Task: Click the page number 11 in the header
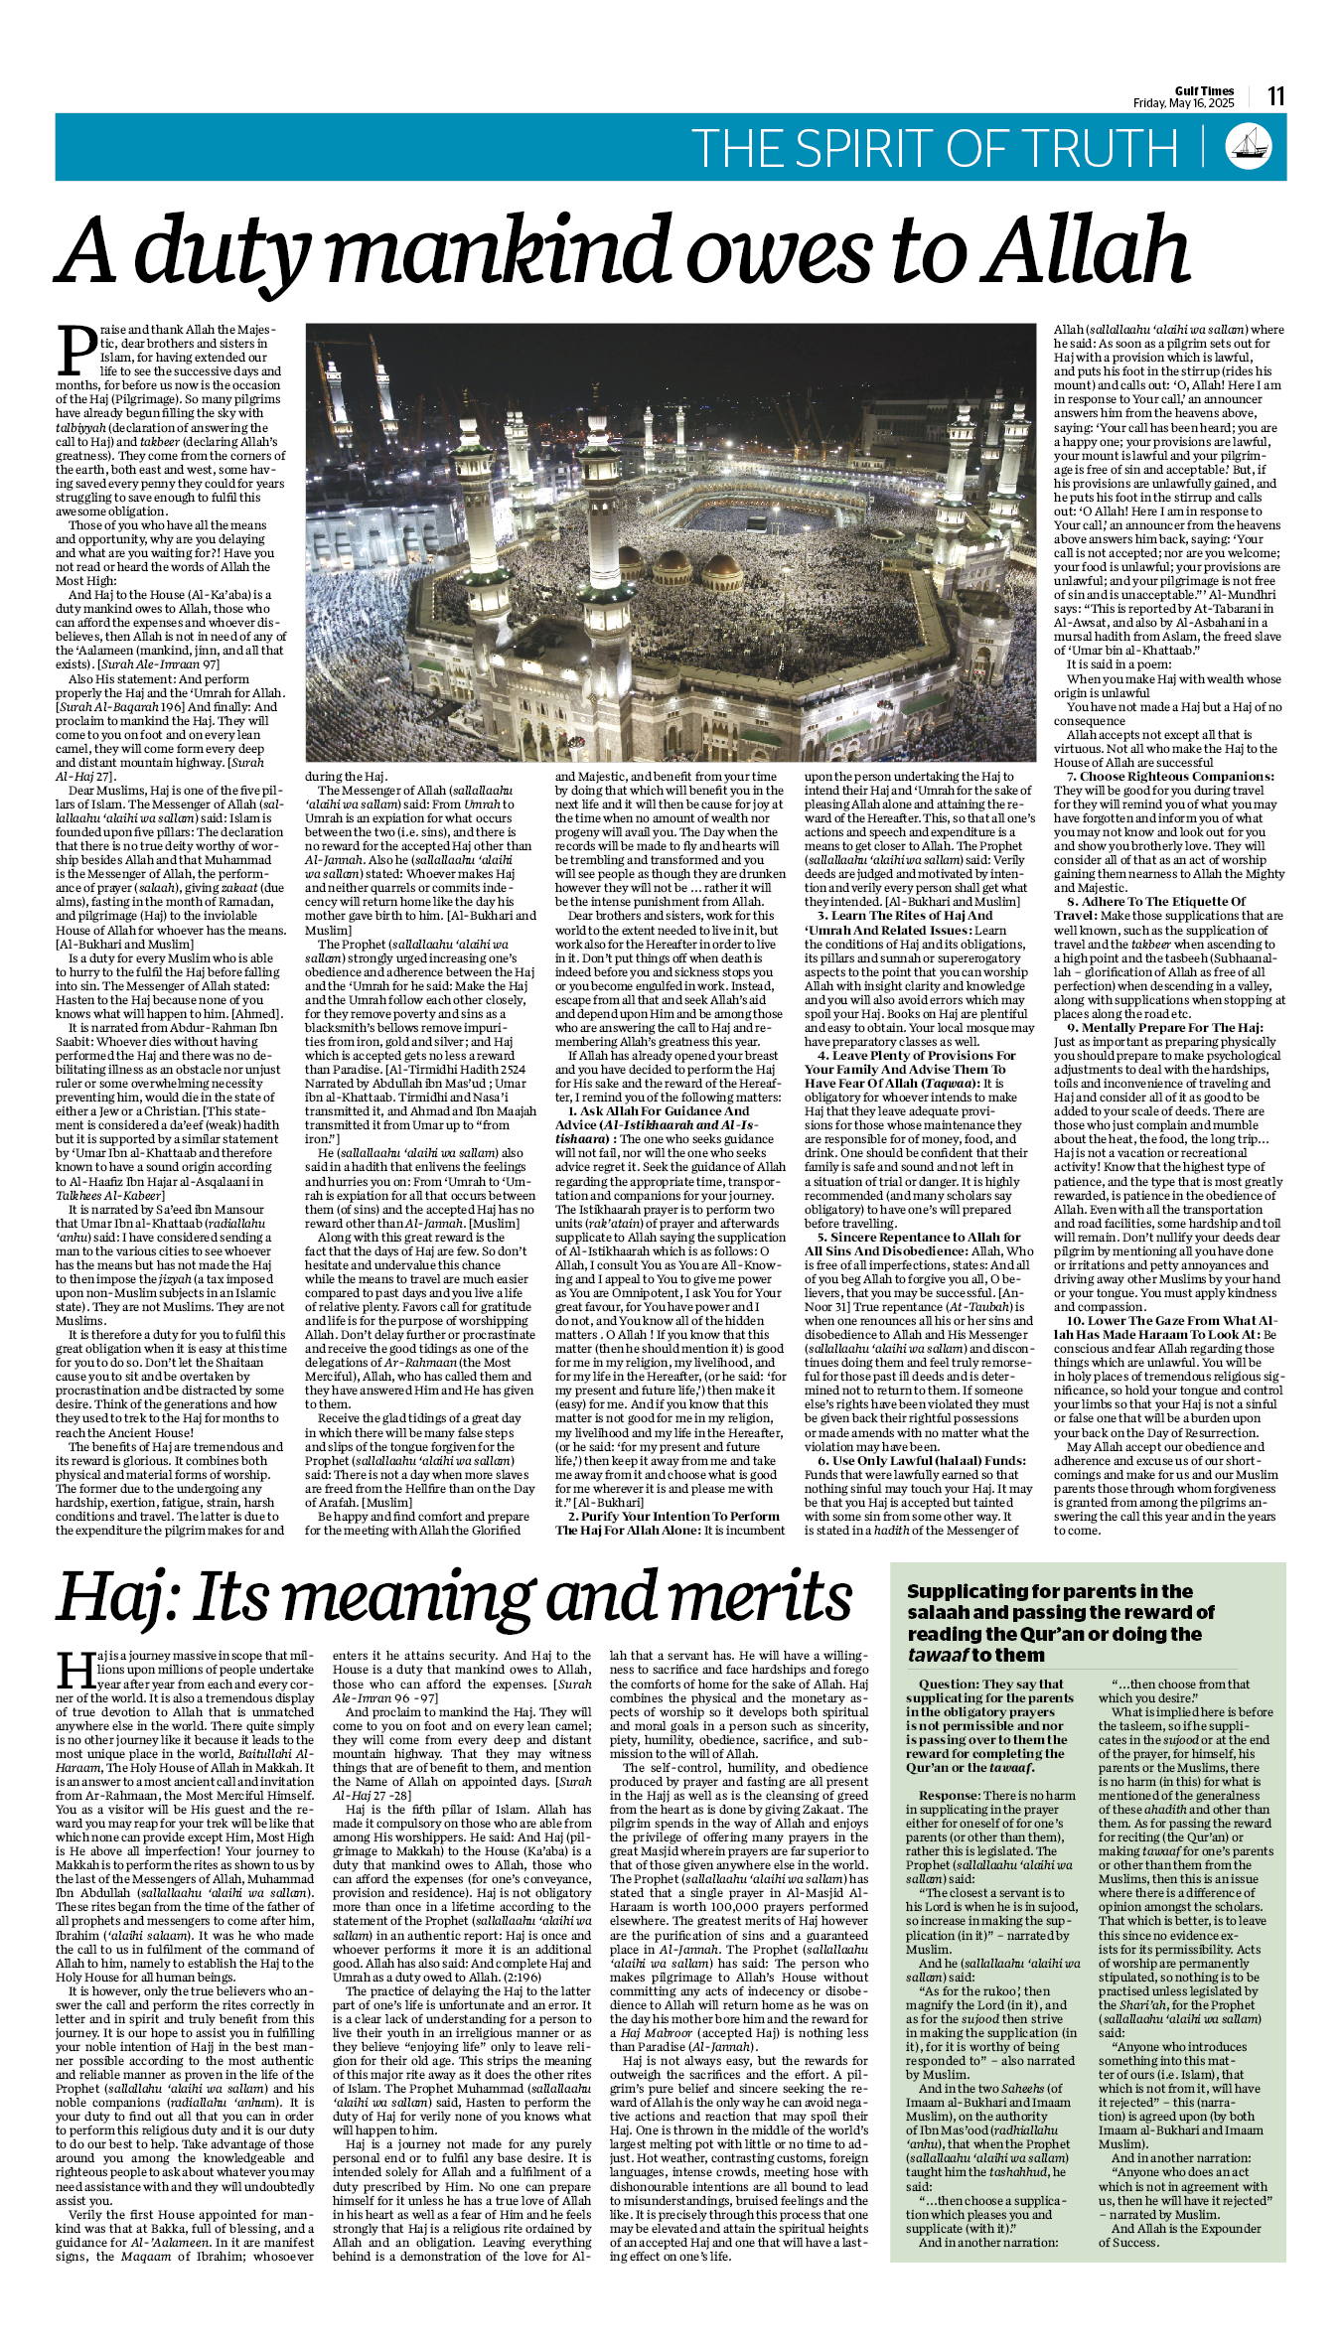(x=1275, y=96)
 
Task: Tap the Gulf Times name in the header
(x=1204, y=90)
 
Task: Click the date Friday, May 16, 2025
(x=1183, y=103)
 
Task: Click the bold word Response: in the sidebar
(x=949, y=1796)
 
